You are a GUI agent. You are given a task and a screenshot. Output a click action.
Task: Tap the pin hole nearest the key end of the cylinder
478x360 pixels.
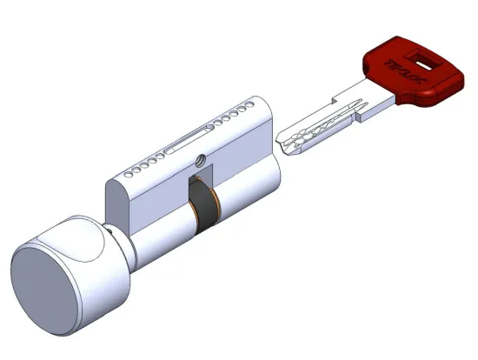pos(258,110)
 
